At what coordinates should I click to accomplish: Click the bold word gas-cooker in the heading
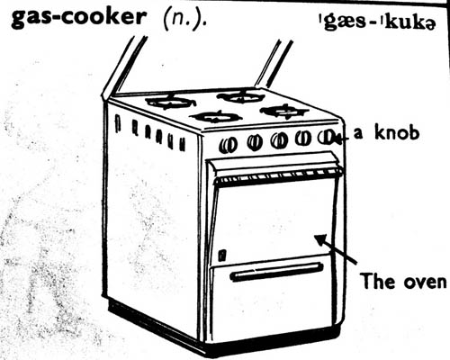point(77,17)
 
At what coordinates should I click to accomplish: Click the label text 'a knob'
point(386,132)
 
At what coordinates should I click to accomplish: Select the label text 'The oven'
point(404,281)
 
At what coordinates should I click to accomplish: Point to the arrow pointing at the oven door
point(336,249)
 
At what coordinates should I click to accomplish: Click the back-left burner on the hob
point(170,102)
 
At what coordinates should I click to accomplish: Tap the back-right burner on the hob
point(241,96)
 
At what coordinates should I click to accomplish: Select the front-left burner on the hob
point(217,117)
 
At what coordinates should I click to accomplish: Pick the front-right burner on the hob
point(284,112)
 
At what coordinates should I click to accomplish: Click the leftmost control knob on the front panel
point(228,145)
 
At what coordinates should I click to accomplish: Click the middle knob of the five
point(279,140)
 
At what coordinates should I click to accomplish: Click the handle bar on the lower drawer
point(276,272)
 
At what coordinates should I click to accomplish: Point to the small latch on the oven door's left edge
point(222,255)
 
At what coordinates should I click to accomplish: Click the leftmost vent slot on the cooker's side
point(118,123)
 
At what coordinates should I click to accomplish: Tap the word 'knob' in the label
point(397,132)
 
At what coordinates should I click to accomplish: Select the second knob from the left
point(255,142)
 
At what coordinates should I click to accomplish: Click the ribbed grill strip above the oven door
point(278,176)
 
